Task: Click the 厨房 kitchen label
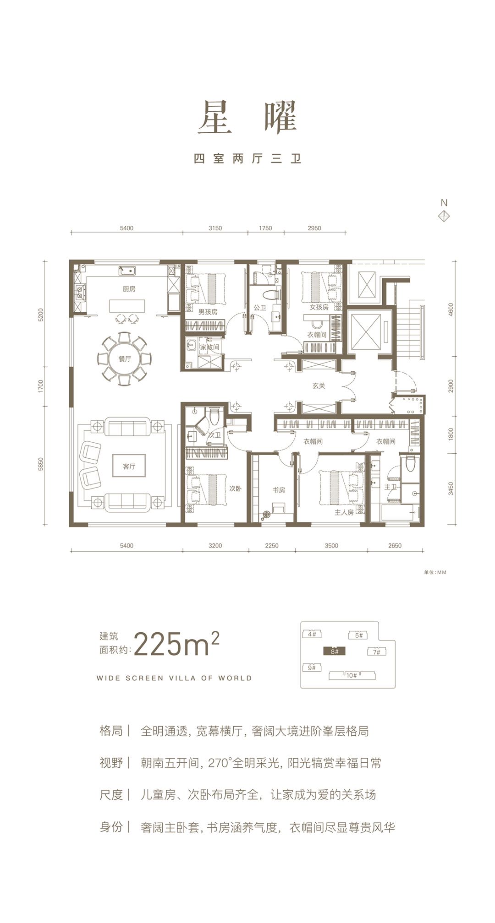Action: point(129,289)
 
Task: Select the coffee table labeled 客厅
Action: point(129,467)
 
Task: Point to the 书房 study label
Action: point(279,490)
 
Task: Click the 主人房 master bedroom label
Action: point(344,512)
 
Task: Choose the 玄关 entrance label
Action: point(319,386)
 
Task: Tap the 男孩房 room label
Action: point(208,312)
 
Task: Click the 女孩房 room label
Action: point(319,307)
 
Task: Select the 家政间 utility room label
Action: point(210,347)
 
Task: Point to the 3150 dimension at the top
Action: point(215,228)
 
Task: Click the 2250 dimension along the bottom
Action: point(272,545)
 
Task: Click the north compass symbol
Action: point(444,216)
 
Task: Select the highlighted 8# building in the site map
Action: point(334,651)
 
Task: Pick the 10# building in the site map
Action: point(352,675)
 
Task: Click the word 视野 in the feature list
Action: point(111,763)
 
